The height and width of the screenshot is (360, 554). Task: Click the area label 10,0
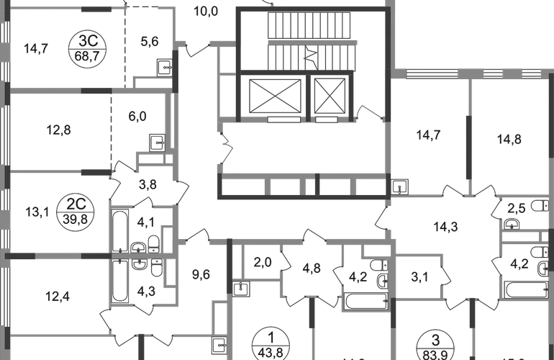coord(208,12)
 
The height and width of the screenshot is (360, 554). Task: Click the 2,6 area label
coord(516,209)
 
